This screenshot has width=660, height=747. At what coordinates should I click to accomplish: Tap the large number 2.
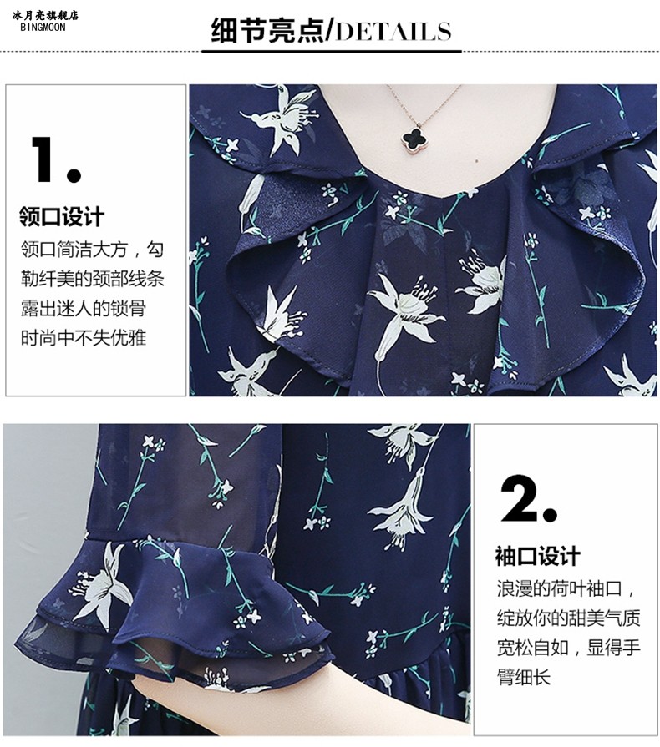528,500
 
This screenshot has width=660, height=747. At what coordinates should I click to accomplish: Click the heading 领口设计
62,217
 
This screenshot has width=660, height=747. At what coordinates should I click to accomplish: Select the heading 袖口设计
537,556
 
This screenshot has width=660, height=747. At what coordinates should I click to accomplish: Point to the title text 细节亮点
267,32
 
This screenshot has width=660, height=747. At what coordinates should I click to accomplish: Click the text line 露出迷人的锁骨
84,308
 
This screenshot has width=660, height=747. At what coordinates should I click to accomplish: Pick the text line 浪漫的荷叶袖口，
566,588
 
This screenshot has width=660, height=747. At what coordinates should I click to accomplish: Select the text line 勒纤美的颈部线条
92,278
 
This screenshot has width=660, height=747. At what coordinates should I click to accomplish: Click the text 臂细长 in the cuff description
524,676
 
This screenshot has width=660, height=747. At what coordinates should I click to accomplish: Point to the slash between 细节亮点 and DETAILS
328,32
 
